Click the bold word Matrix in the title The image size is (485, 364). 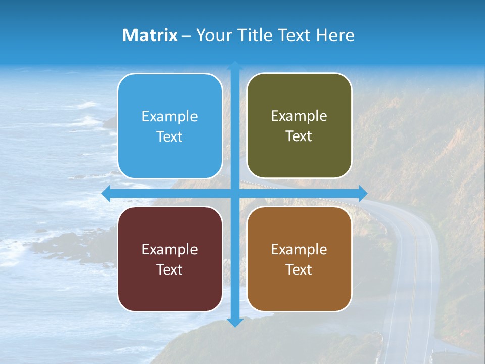point(150,35)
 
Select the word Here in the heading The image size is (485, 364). point(335,35)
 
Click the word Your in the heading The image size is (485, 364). point(214,35)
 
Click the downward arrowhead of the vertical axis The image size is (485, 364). point(235,322)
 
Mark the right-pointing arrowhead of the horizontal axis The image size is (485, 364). point(362,193)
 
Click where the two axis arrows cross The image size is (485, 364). point(235,193)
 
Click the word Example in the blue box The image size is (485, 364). point(170,116)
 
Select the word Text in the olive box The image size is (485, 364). point(299,136)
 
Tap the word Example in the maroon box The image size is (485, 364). point(170,249)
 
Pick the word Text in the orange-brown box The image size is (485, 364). point(299,269)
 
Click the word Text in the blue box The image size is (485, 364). point(170,136)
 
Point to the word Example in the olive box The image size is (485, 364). point(299,116)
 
